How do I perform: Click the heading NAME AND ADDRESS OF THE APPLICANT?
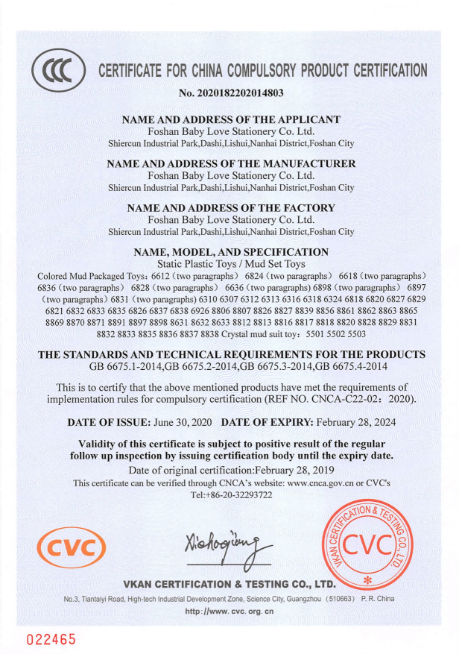click(x=231, y=119)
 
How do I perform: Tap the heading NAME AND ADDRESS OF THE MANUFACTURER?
click(x=231, y=163)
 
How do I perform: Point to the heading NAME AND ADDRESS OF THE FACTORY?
click(x=231, y=207)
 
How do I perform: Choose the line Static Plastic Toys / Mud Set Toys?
click(x=231, y=263)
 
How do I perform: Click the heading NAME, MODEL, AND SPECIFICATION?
click(x=231, y=252)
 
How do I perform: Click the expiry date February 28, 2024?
click(x=355, y=421)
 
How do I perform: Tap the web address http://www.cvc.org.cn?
click(x=229, y=611)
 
